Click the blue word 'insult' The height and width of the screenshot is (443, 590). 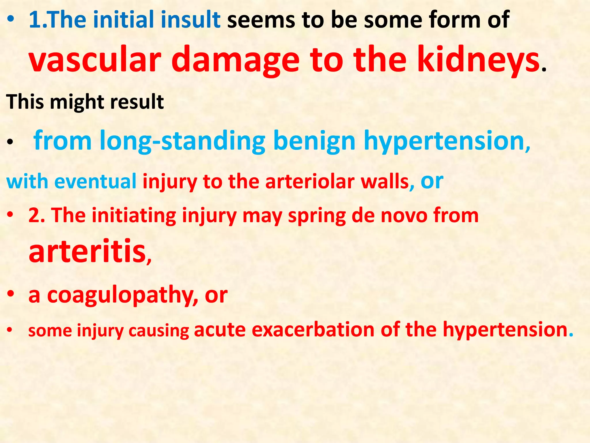pos(190,20)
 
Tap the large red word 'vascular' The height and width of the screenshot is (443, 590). pos(95,60)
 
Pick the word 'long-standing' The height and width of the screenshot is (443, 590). pos(183,141)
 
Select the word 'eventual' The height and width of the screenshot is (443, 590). pos(95,182)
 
